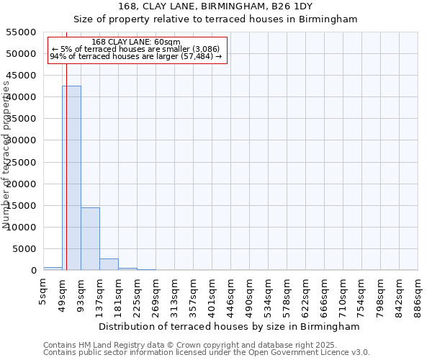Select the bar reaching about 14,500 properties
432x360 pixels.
tap(90, 238)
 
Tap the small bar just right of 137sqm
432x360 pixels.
tap(109, 264)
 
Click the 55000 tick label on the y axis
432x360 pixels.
tap(22, 32)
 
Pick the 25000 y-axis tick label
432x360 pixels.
tap(22, 163)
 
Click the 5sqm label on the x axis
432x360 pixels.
tap(44, 290)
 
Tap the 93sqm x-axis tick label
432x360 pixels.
tap(81, 292)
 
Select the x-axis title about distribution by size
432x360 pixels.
tap(229, 326)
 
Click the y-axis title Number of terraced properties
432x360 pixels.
tap(6, 155)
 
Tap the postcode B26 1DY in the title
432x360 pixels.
tap(288, 6)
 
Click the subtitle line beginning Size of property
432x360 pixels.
tap(216, 19)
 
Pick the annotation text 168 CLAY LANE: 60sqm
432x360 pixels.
tap(136, 42)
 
